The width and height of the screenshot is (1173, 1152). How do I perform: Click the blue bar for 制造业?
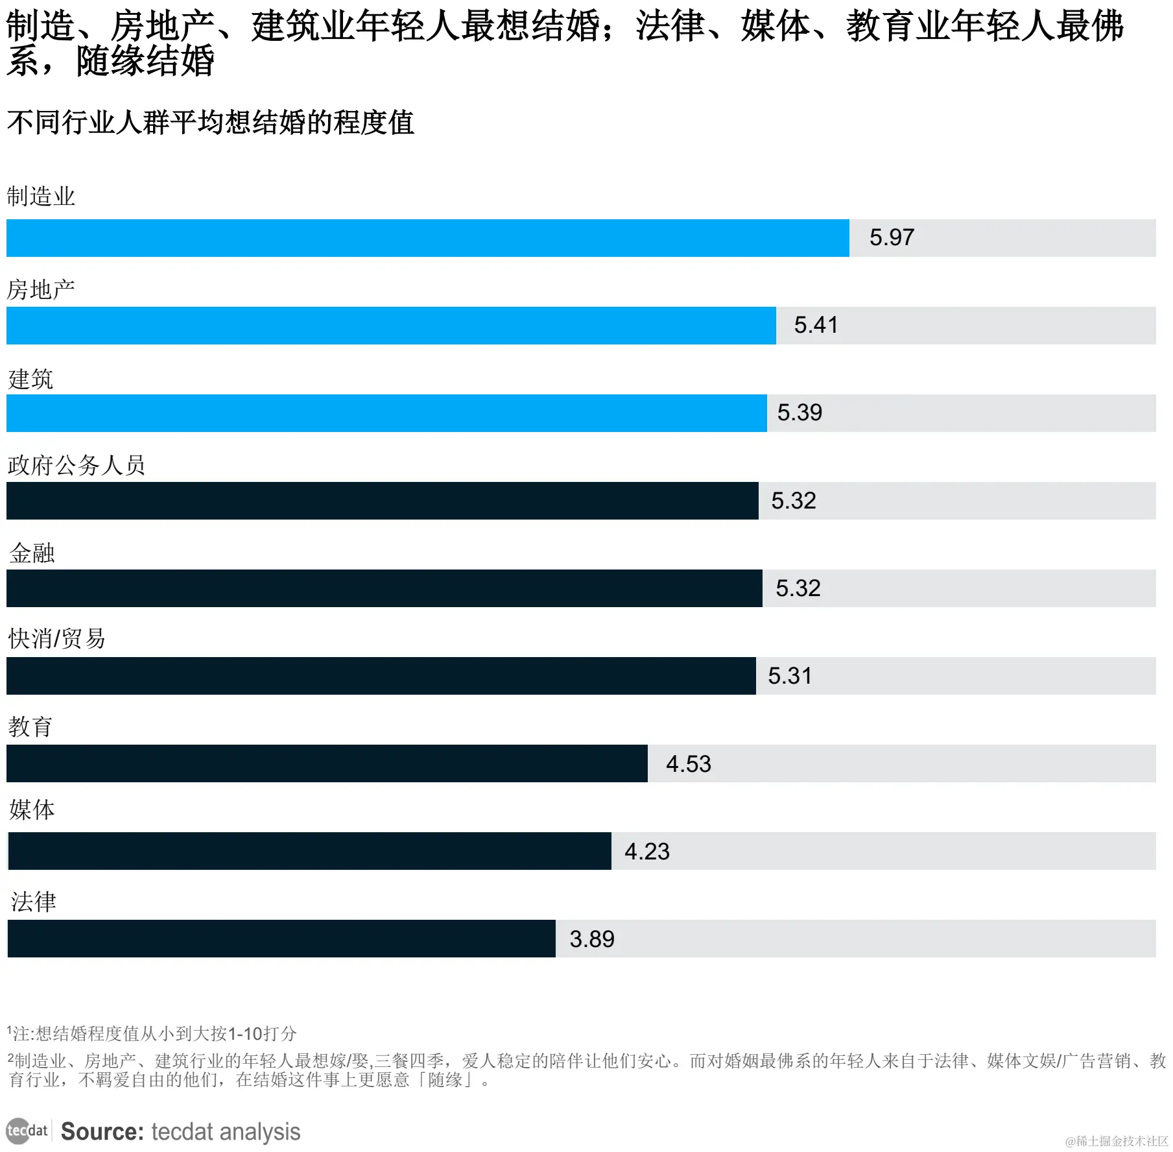(x=428, y=238)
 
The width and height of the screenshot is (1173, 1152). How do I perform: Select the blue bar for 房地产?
(x=391, y=326)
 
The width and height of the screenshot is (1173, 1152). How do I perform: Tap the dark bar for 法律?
(x=281, y=939)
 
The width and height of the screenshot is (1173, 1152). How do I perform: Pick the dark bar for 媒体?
(x=309, y=851)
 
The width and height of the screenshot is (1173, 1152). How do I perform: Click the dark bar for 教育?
(x=327, y=763)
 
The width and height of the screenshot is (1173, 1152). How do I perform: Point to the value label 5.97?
(x=892, y=237)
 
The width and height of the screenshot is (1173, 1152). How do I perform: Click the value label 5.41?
(x=816, y=325)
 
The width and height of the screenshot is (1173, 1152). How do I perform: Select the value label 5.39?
(x=800, y=413)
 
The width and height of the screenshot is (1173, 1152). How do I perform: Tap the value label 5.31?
(x=790, y=676)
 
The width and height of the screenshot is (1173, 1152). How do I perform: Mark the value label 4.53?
(x=688, y=764)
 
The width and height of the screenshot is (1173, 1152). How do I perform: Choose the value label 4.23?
(x=646, y=852)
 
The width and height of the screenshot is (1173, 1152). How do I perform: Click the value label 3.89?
(x=591, y=939)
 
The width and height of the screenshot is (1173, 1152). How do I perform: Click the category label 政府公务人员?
(x=77, y=465)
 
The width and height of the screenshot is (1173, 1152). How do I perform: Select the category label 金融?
(x=32, y=553)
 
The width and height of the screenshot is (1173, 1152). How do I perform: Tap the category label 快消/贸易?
(x=56, y=639)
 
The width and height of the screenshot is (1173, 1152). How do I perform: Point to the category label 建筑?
(x=30, y=379)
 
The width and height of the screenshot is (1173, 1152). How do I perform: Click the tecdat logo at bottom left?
(x=27, y=1131)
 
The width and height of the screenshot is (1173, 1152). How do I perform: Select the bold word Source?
(x=102, y=1132)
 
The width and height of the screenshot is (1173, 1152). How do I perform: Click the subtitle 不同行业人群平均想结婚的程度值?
(x=211, y=123)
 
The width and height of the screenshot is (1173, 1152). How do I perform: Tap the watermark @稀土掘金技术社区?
(x=1117, y=1141)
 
